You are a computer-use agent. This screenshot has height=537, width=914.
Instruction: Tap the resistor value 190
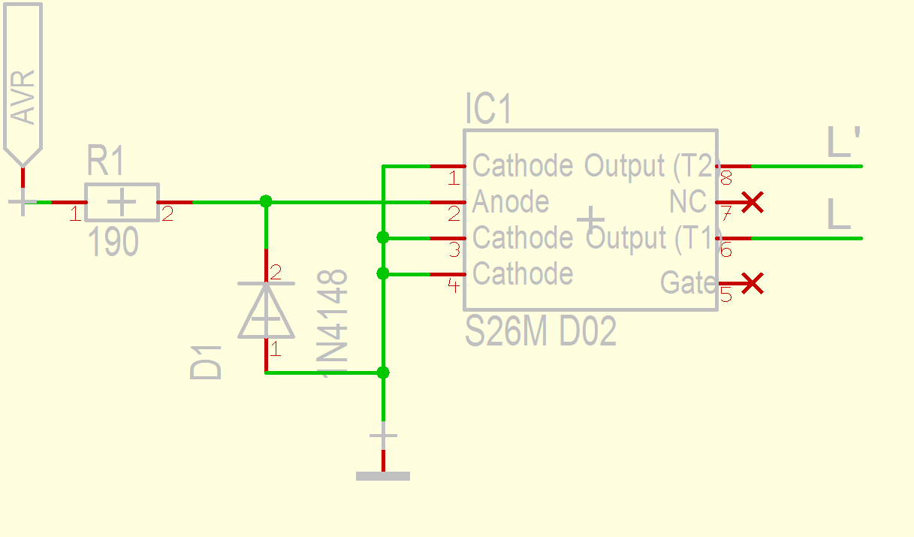(x=113, y=242)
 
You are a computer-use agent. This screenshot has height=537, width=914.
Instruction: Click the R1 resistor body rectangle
(x=122, y=202)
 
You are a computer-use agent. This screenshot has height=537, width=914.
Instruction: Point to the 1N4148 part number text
(x=335, y=323)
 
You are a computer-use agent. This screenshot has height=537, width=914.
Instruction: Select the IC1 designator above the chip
(x=488, y=110)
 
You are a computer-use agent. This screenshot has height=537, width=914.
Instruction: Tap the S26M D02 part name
(x=541, y=331)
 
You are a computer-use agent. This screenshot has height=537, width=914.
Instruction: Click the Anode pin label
(x=511, y=202)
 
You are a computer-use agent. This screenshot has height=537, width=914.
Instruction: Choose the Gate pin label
(x=687, y=283)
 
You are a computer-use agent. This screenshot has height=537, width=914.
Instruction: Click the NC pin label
(x=687, y=202)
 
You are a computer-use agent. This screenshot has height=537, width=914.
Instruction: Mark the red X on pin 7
(x=752, y=202)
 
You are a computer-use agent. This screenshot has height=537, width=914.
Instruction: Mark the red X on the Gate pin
(x=752, y=283)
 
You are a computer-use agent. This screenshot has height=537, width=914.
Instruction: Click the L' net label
(x=843, y=143)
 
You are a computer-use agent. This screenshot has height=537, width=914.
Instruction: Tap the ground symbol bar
(x=383, y=475)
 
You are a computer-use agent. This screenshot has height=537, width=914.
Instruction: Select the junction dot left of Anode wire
(x=265, y=201)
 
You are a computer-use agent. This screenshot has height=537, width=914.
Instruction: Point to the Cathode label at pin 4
(x=523, y=274)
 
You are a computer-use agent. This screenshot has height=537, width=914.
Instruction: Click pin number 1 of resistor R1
(x=75, y=215)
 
